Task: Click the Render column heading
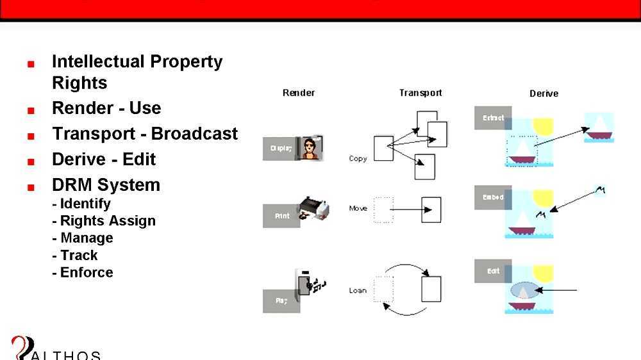(x=299, y=93)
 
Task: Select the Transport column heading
(x=420, y=93)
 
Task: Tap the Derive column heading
(x=544, y=94)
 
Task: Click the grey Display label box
(x=281, y=148)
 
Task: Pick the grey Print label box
(x=281, y=216)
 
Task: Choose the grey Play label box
(x=281, y=300)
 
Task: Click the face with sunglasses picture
(x=312, y=149)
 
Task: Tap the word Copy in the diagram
(x=358, y=158)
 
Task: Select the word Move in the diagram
(x=358, y=208)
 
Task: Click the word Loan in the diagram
(x=358, y=290)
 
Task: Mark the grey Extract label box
(x=493, y=118)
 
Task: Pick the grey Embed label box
(x=493, y=197)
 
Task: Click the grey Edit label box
(x=493, y=271)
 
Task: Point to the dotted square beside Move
(x=383, y=209)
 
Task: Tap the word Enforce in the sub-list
(x=87, y=272)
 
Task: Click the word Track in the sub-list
(x=79, y=255)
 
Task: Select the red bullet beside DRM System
(x=30, y=188)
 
